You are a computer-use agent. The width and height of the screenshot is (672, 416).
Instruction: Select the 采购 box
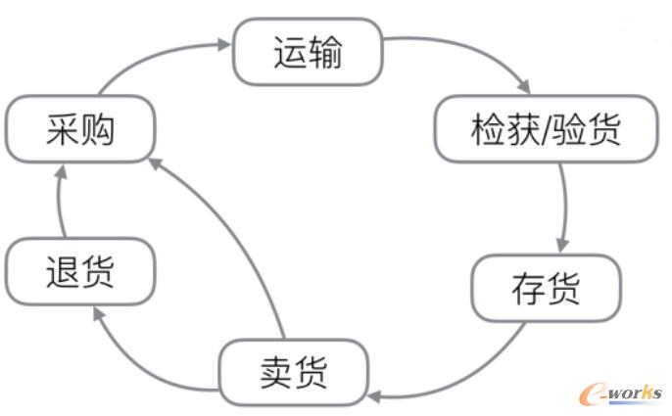80,129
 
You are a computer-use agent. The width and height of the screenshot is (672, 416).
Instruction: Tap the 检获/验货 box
546,129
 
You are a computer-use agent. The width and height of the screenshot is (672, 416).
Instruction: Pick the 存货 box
546,288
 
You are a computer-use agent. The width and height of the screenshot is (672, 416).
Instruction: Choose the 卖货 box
293,371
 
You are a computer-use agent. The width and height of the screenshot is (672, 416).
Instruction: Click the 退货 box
80,271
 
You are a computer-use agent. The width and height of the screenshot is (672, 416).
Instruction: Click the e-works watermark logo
620,393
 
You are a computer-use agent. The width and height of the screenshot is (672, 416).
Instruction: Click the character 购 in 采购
98,129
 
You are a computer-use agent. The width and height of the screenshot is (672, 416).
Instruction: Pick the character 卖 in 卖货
275,371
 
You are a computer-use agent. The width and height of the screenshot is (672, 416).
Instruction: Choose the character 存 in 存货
528,288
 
